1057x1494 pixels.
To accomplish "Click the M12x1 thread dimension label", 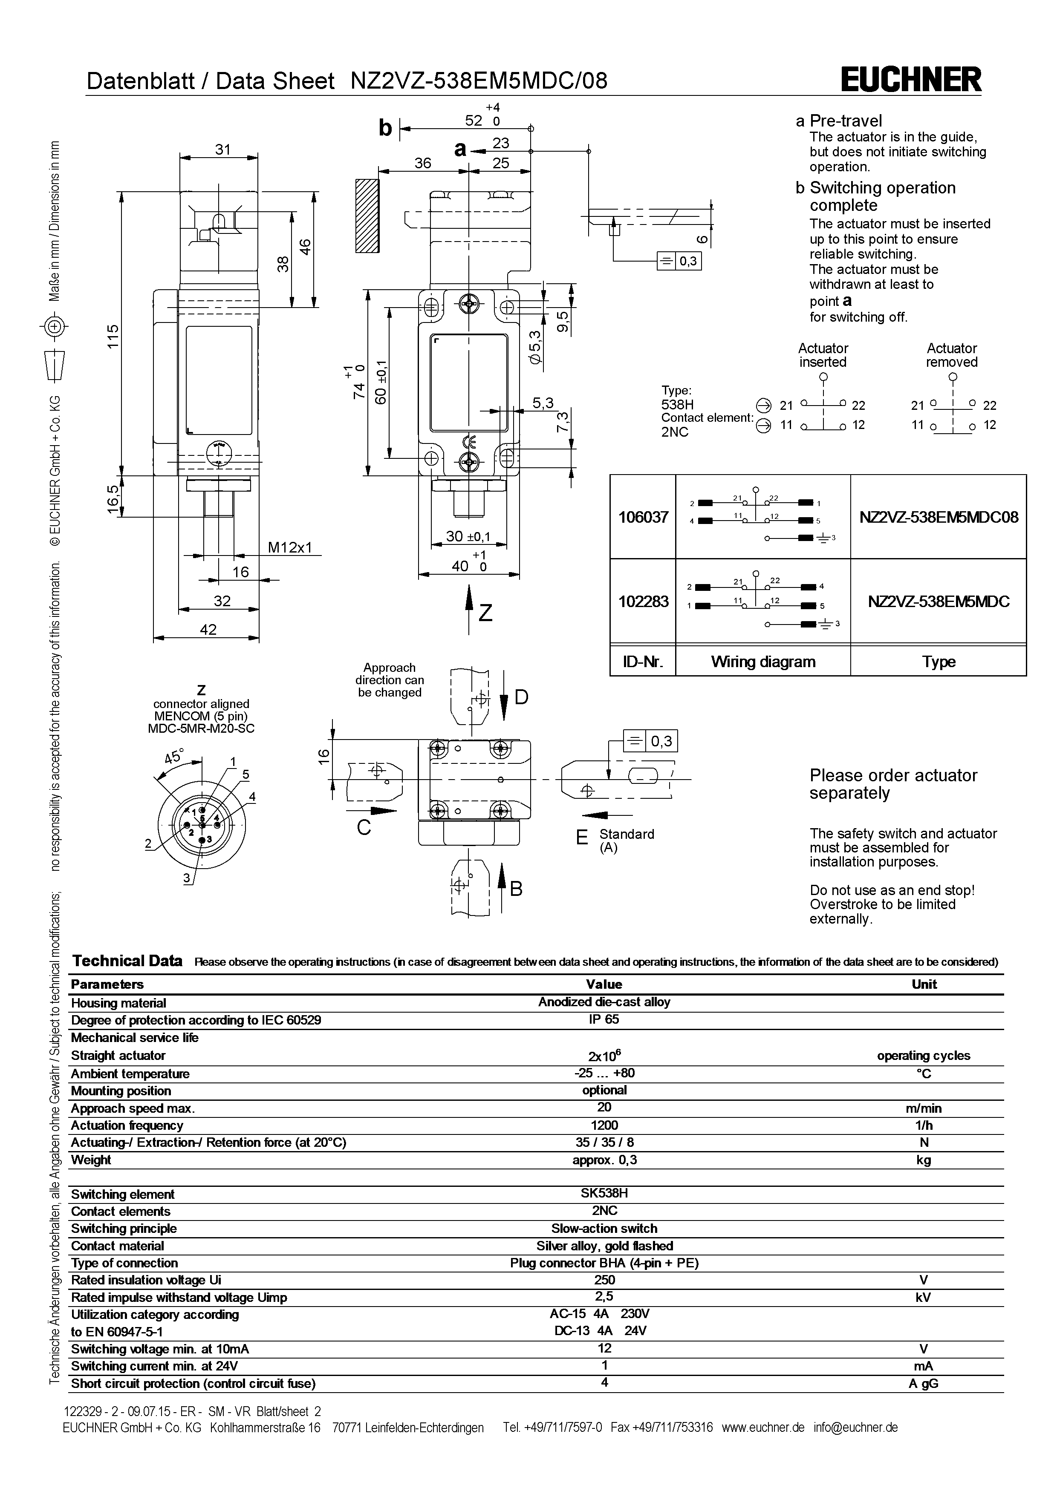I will (x=290, y=547).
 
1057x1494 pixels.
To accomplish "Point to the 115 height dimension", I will (x=114, y=337).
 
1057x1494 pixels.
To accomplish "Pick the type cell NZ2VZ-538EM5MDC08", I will (x=939, y=517).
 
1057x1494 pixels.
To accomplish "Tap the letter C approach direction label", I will (x=364, y=828).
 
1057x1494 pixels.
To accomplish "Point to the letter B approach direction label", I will (x=516, y=889).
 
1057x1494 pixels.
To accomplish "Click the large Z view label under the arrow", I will (x=485, y=613).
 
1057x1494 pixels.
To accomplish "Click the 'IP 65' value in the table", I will (x=604, y=1019).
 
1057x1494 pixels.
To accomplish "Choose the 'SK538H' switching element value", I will (x=604, y=1193).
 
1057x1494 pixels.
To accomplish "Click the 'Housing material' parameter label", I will (x=118, y=1003).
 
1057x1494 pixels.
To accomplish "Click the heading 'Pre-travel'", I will (x=846, y=121).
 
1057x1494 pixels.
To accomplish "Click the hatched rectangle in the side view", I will (x=367, y=216).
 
